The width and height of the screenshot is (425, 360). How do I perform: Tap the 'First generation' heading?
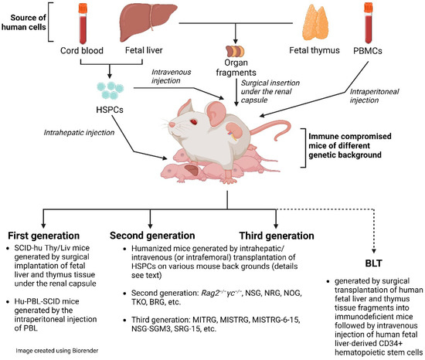[x=44, y=235]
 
